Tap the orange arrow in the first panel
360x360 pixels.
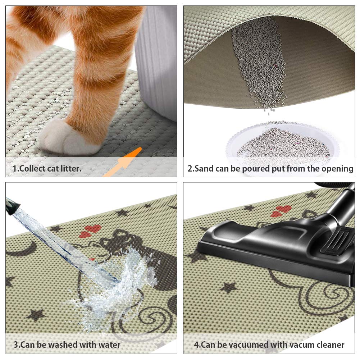[x=124, y=162]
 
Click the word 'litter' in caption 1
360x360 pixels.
[x=68, y=168]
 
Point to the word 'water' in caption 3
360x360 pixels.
[x=108, y=345]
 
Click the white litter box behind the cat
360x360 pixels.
[x=156, y=61]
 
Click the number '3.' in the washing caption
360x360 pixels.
[x=16, y=345]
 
